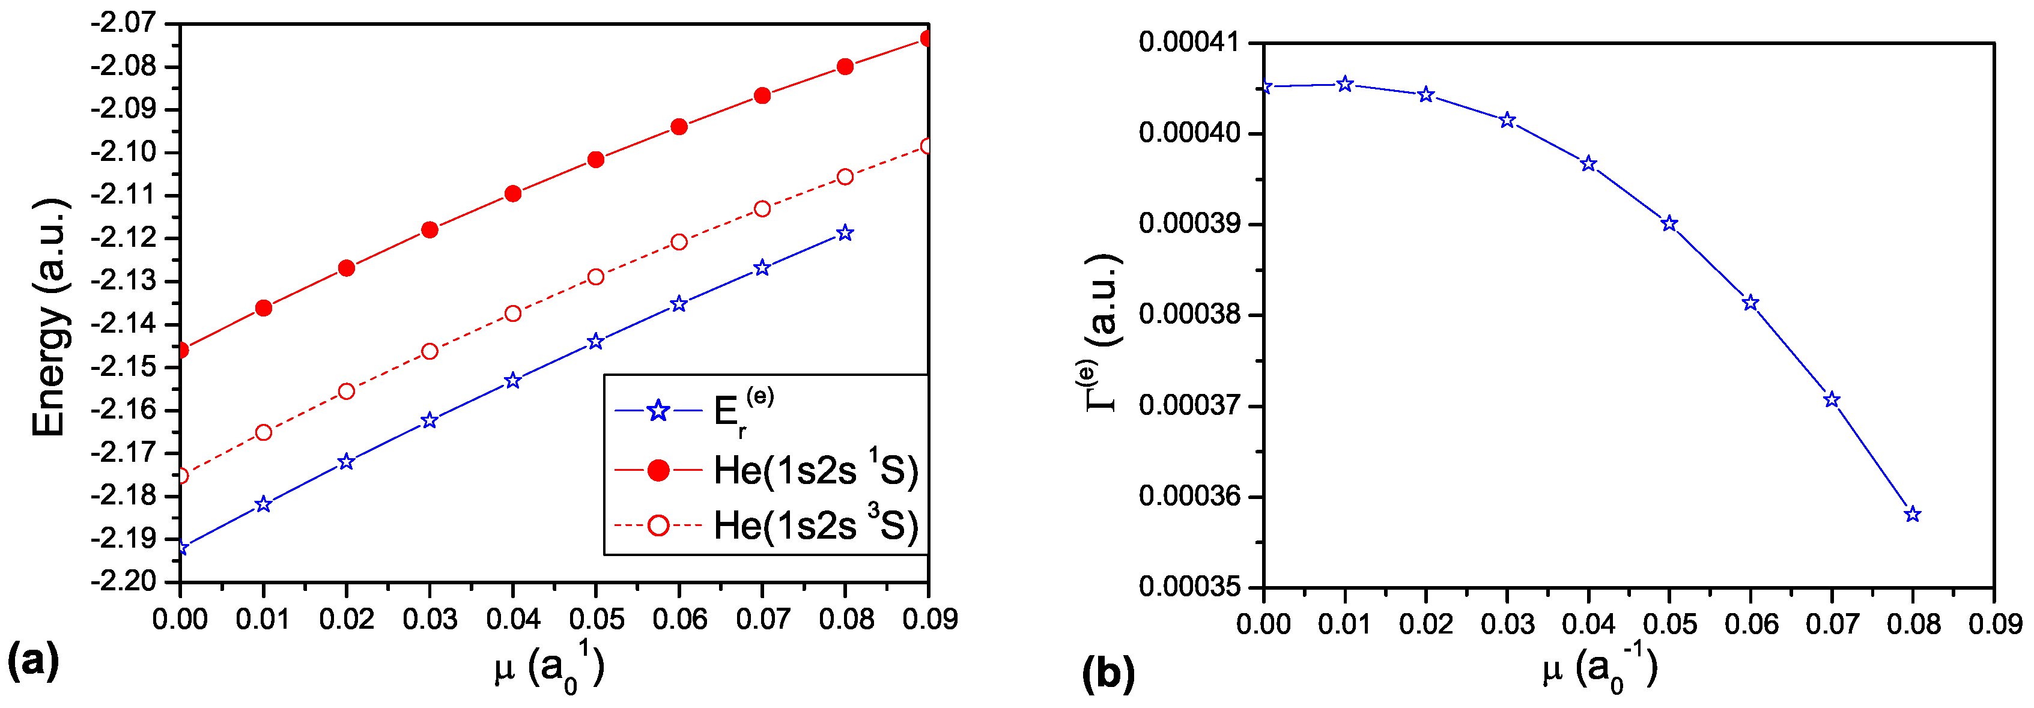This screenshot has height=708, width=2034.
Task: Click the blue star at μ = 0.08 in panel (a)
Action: click(845, 233)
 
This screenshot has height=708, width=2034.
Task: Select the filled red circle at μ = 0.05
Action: click(596, 160)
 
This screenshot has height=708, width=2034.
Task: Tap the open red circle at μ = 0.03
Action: click(430, 351)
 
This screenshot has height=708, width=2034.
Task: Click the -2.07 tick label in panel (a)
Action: click(126, 22)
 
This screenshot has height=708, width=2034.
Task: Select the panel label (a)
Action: click(33, 660)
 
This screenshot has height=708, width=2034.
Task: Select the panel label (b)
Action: click(1108, 673)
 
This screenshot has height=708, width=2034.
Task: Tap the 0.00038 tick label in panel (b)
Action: click(1188, 315)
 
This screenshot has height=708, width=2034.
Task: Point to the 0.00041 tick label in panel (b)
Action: click(1188, 42)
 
